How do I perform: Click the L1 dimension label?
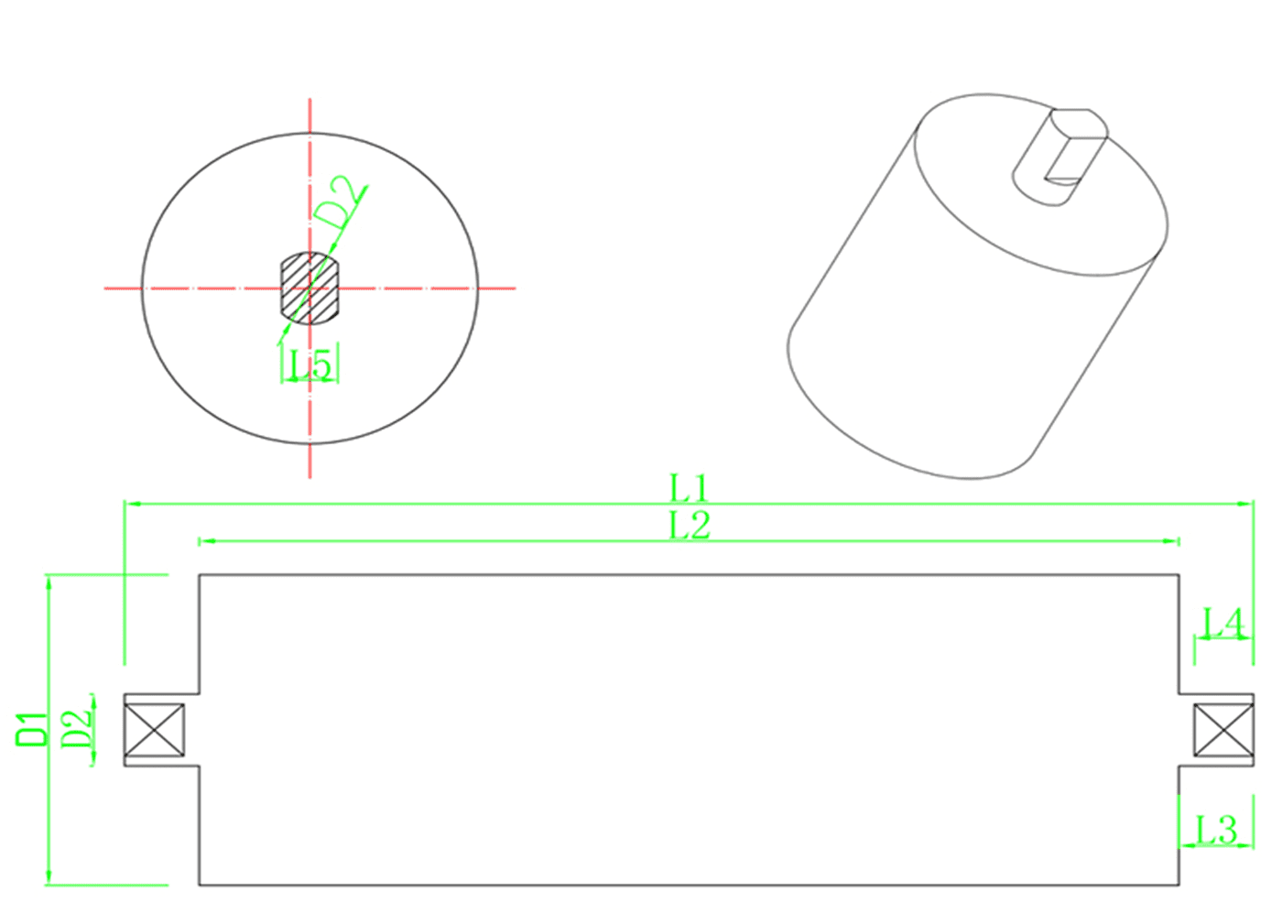tap(689, 488)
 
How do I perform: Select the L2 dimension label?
tap(689, 526)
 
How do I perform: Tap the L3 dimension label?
tap(1217, 831)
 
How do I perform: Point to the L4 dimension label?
tap(1223, 625)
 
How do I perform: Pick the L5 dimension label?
tap(310, 365)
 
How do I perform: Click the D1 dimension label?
tap(30, 729)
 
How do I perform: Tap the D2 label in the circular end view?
tap(335, 202)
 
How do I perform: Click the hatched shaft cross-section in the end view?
tap(310, 288)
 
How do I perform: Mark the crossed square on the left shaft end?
tap(154, 729)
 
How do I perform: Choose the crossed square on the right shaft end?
tap(1223, 730)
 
